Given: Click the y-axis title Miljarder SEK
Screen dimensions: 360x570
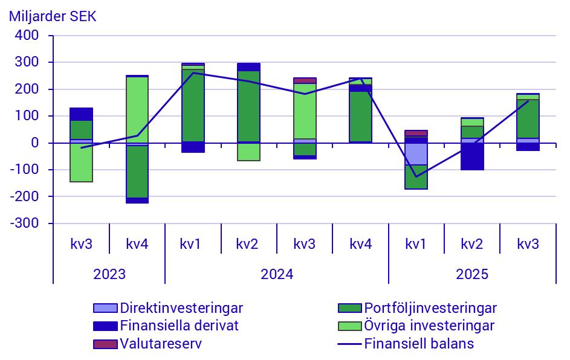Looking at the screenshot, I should [53, 16].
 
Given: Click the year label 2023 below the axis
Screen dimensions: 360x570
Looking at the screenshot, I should [109, 274].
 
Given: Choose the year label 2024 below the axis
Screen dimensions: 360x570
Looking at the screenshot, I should [277, 274].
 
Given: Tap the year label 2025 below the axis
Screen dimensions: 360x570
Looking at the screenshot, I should [472, 274].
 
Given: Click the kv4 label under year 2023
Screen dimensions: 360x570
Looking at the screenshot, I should [137, 244].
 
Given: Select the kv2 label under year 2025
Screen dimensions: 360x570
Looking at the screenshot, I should [472, 244].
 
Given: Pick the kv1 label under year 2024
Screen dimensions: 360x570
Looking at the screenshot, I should [193, 244].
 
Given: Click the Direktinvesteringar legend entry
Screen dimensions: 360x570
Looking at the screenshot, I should [181, 308].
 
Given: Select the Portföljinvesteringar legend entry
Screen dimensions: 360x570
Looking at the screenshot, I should [430, 308].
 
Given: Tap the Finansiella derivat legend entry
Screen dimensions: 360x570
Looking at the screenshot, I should [179, 326].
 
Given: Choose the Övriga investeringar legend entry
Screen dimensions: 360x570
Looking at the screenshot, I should [429, 326].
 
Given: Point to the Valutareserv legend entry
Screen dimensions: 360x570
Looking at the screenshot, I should [160, 344].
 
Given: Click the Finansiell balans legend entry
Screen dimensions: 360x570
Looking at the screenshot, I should [418, 344].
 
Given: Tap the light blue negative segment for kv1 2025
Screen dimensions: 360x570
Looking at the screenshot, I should [416, 153].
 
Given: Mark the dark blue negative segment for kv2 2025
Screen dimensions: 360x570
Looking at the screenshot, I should [472, 156].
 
